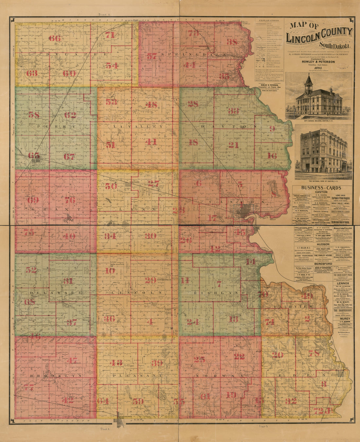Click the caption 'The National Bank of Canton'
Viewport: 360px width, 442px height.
pos(319,181)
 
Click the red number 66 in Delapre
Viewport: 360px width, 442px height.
pos(55,38)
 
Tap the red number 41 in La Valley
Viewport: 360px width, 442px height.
pos(151,142)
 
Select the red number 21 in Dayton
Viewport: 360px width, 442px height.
pos(233,145)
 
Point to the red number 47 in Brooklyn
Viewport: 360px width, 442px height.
pos(72,361)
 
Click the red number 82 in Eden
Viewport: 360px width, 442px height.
pos(291,401)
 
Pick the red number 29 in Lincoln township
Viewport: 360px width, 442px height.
pos(151,280)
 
